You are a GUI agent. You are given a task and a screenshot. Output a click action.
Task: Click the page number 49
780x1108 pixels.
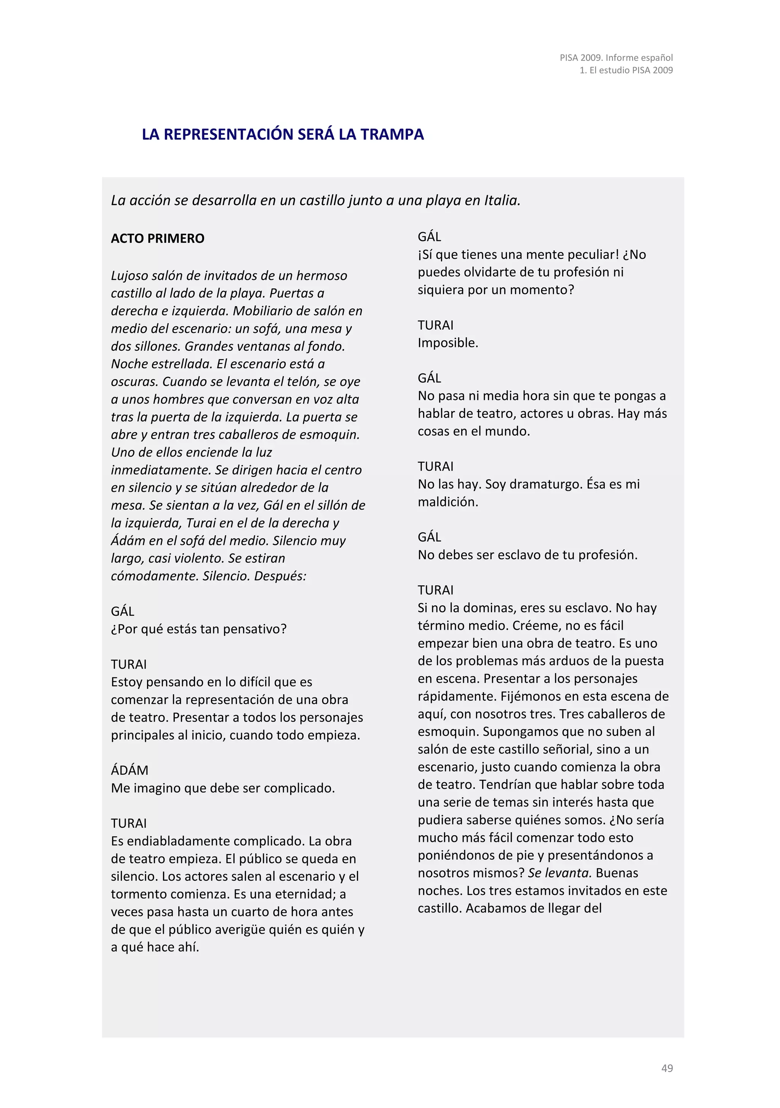tap(667, 1068)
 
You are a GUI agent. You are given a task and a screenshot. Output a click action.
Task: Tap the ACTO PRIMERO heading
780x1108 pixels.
tap(157, 238)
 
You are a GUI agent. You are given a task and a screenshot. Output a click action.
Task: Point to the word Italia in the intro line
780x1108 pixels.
tap(502, 200)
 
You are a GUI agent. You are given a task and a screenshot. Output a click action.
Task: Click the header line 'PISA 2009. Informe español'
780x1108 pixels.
tap(616, 57)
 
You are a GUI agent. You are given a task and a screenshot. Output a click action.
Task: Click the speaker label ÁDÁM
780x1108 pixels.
tap(129, 770)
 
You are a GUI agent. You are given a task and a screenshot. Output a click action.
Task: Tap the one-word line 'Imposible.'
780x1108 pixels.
tap(448, 343)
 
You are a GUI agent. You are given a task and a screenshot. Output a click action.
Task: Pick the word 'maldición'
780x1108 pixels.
tap(448, 502)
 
